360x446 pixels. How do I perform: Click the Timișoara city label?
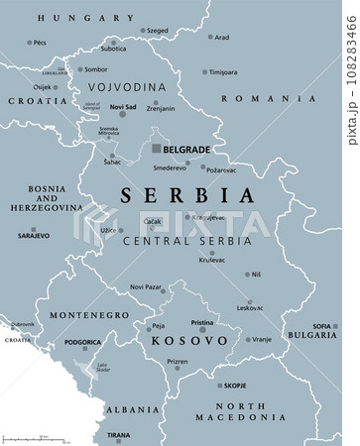click(223, 71)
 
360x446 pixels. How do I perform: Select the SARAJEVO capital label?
click(35, 266)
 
